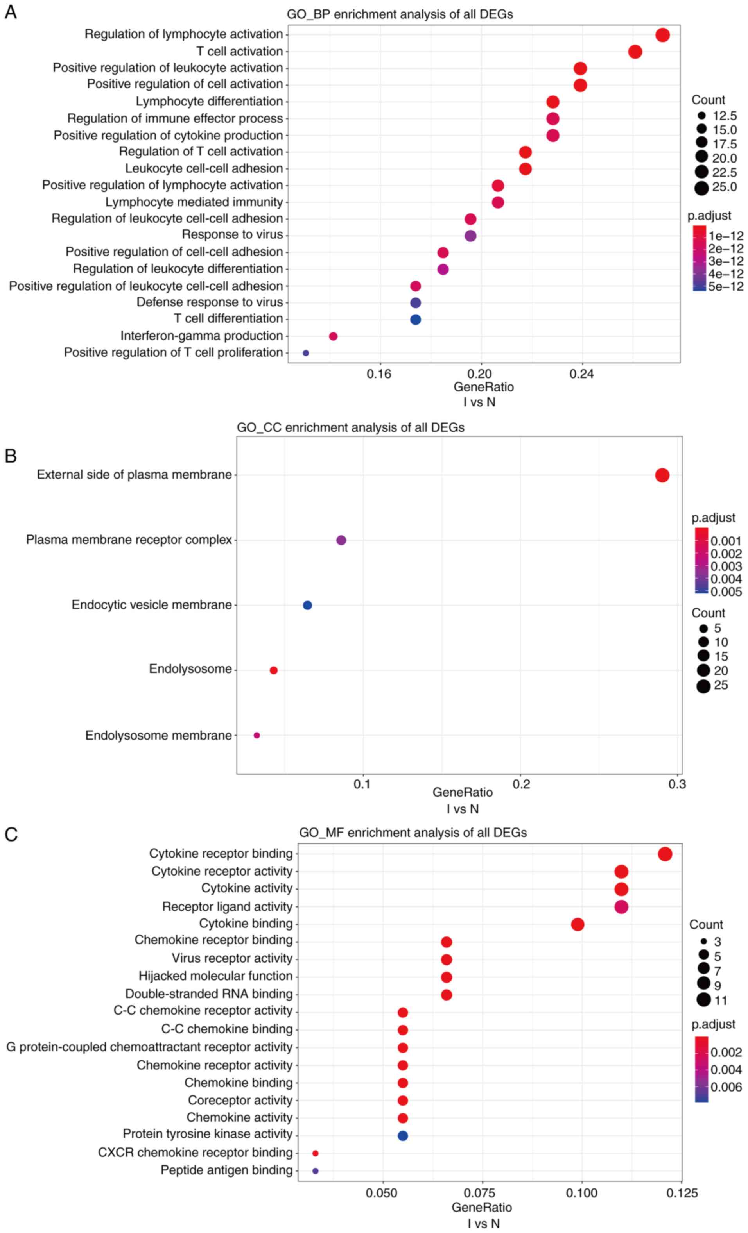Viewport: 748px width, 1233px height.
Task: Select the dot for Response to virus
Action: click(470, 236)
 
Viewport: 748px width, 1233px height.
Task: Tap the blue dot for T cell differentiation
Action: click(415, 319)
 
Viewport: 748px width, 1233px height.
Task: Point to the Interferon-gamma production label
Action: click(201, 336)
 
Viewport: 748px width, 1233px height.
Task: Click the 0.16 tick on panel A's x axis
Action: click(379, 374)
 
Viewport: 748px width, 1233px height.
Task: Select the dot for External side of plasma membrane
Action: click(662, 475)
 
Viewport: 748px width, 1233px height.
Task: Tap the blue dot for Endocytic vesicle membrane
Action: click(307, 605)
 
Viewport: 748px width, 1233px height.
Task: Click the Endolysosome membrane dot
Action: click(257, 735)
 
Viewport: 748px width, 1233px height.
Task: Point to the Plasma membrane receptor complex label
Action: click(129, 540)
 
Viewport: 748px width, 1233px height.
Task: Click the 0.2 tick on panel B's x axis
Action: click(521, 784)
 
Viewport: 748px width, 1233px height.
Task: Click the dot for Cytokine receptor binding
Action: click(664, 854)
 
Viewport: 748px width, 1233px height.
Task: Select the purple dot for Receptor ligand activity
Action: click(621, 906)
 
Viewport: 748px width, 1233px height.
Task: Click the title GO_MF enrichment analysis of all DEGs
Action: click(413, 832)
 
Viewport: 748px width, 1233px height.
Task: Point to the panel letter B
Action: click(11, 456)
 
